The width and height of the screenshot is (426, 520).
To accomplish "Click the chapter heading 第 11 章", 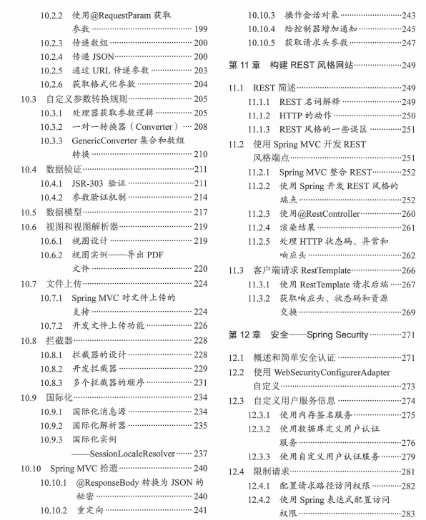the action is [244, 66].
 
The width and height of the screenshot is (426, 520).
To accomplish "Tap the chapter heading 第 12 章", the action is [244, 334].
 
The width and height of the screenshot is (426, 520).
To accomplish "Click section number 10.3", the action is [28, 99].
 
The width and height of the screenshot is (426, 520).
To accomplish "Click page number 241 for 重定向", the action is [200, 510].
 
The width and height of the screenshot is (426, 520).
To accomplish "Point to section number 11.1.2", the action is [262, 116].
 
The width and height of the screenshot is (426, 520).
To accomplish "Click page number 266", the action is [408, 270].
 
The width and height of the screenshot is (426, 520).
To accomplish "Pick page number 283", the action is [408, 513].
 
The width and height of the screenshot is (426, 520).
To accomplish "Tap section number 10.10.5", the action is [262, 42].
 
